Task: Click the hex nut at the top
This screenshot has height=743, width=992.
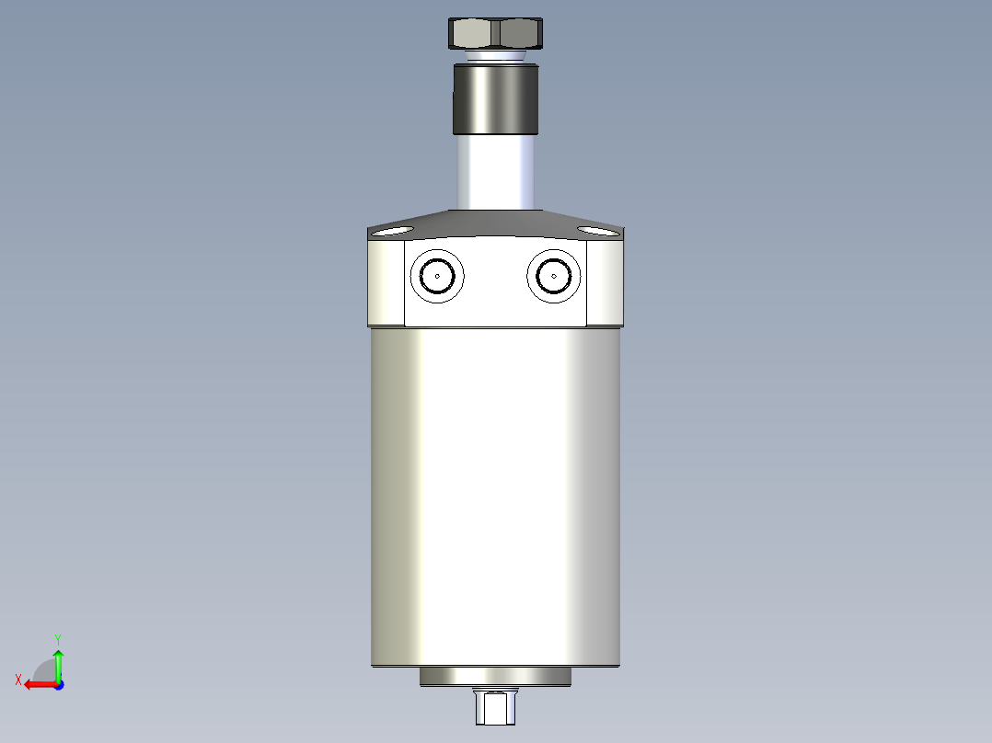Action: point(495,34)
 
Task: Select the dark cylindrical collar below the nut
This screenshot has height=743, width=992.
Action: point(495,99)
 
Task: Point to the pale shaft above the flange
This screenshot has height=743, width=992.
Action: point(495,173)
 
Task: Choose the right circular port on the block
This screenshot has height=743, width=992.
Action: point(554,275)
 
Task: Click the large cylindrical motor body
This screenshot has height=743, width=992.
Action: point(495,497)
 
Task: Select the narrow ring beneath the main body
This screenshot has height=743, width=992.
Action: point(495,677)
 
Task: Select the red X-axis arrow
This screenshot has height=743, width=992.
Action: point(39,684)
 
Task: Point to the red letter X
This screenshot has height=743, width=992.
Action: point(18,680)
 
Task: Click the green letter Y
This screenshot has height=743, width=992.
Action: point(58,638)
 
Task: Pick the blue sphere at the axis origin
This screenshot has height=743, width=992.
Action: point(58,684)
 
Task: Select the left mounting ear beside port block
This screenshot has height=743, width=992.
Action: point(386,281)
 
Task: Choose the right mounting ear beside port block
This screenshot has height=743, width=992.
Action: point(605,281)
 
